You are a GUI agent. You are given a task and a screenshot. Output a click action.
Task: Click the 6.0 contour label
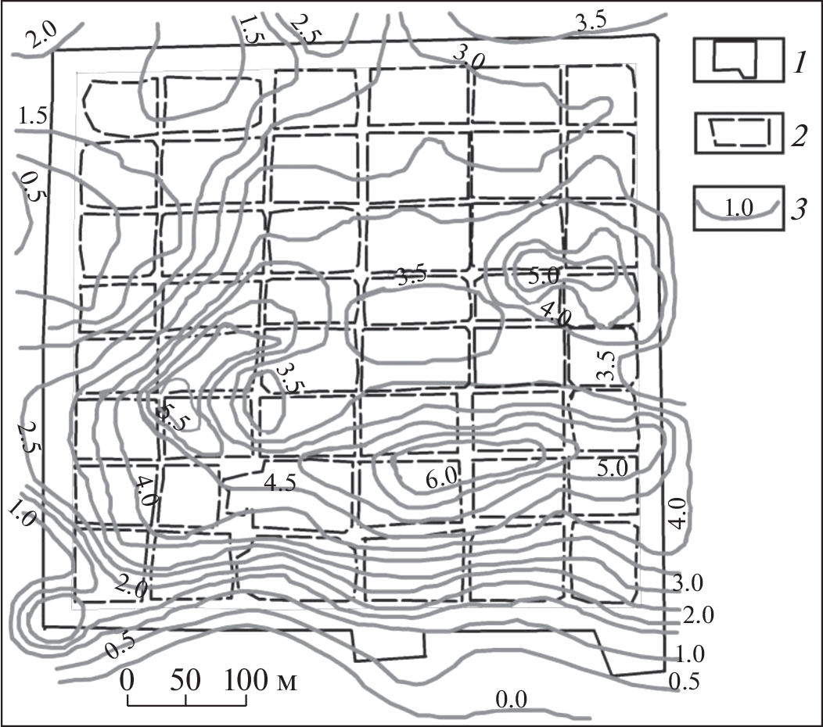[441, 478]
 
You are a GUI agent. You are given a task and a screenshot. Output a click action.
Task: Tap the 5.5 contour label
[171, 416]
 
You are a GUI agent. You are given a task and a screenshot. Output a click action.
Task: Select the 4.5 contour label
[280, 482]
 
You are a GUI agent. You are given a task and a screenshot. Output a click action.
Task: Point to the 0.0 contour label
[511, 699]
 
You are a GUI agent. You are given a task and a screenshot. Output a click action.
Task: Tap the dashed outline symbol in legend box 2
[739, 131]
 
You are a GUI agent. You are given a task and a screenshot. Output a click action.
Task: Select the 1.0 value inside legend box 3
[738, 208]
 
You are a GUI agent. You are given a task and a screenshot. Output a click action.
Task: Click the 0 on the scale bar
[127, 680]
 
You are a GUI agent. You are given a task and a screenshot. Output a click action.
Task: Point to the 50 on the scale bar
[186, 680]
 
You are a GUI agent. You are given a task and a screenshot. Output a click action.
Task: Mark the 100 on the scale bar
[247, 680]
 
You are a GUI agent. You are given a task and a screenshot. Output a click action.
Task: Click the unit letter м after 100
[285, 682]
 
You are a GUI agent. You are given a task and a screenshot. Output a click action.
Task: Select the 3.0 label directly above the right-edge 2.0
[688, 582]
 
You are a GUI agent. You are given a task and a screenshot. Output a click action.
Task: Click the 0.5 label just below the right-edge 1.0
[684, 681]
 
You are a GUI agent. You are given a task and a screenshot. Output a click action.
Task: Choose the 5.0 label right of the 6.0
[613, 468]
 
